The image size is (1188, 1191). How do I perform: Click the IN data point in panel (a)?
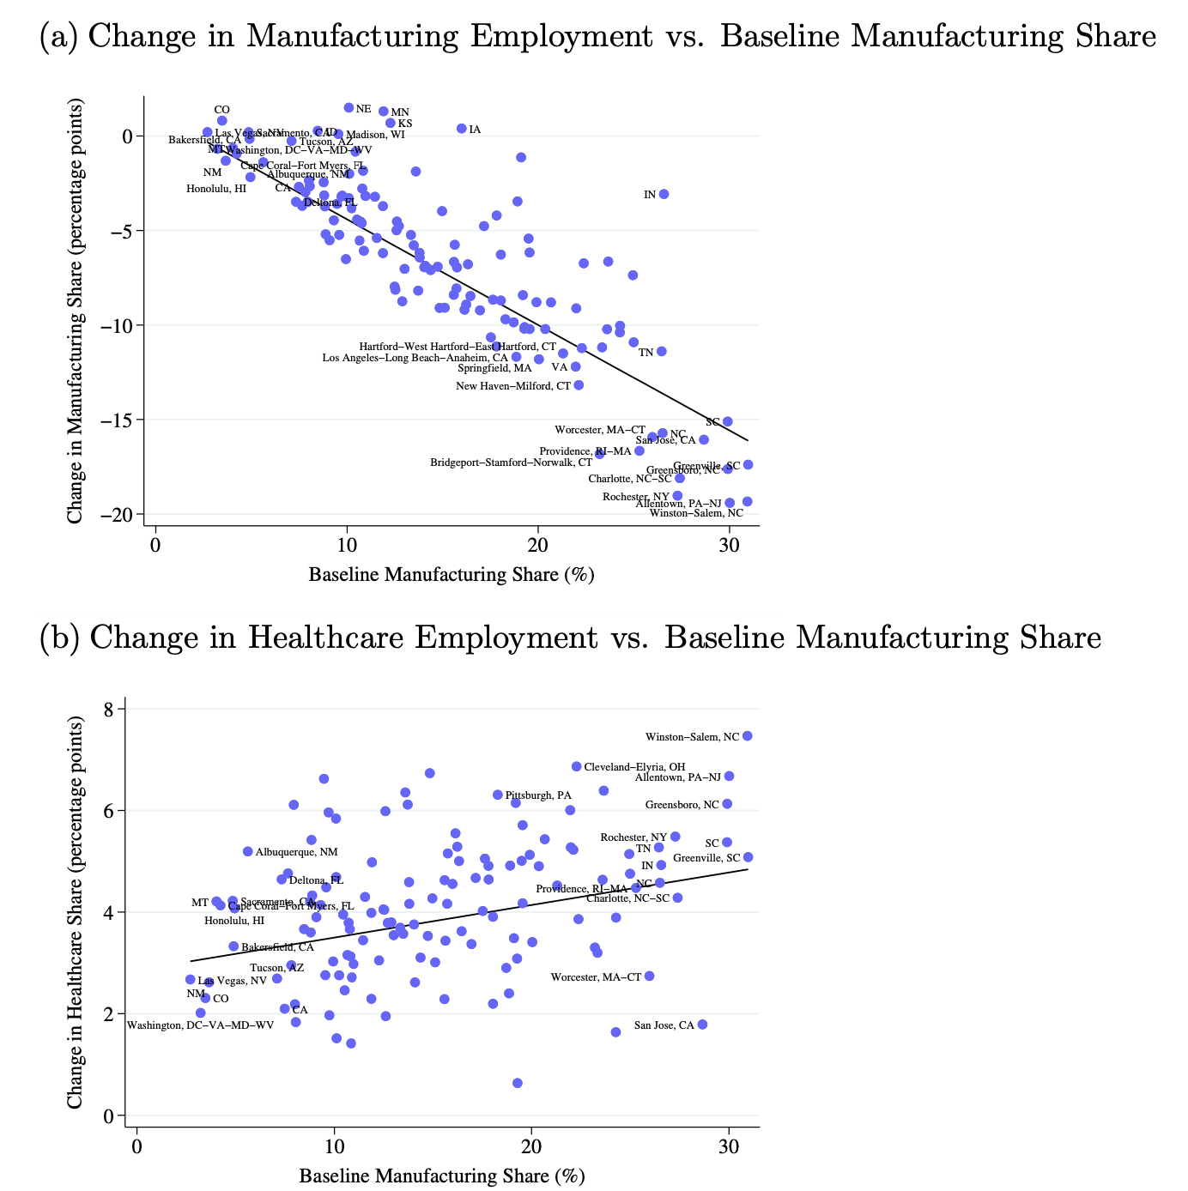(664, 194)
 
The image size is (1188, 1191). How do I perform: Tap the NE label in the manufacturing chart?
(363, 109)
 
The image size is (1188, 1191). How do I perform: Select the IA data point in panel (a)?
(462, 129)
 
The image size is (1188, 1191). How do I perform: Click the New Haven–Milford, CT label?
(513, 386)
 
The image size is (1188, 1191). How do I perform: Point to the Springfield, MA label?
(494, 368)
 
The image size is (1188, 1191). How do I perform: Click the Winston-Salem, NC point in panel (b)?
(747, 736)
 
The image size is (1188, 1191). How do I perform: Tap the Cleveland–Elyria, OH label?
(634, 767)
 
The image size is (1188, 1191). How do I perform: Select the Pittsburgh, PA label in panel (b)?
(538, 795)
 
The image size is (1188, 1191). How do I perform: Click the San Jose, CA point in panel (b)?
(702, 1025)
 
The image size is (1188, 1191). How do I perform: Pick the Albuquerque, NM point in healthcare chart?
(248, 851)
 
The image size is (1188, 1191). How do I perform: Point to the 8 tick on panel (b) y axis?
(107, 709)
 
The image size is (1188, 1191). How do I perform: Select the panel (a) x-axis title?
(452, 574)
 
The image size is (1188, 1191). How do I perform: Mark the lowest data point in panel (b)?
(518, 1083)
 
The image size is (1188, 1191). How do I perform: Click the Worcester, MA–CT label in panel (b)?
(596, 977)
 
